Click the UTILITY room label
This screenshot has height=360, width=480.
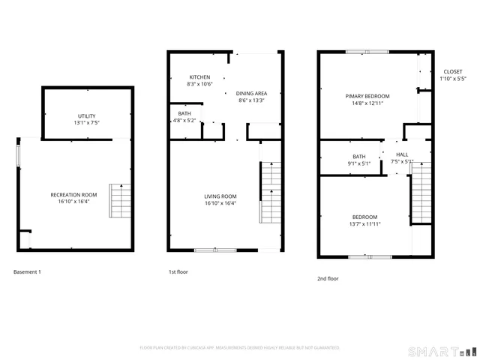click(87, 115)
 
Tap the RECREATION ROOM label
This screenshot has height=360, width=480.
click(74, 194)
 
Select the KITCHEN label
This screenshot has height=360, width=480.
click(199, 77)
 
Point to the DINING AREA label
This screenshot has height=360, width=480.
click(253, 93)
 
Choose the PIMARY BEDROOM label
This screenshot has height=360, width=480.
click(367, 96)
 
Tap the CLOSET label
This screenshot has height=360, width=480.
click(453, 71)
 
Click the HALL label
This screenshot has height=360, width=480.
click(392, 154)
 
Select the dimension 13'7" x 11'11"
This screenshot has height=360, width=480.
click(364, 223)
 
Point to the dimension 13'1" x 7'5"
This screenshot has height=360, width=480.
click(87, 122)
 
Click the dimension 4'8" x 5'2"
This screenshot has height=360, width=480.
click(184, 120)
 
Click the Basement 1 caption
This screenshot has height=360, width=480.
click(28, 271)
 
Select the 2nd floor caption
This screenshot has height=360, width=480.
click(328, 278)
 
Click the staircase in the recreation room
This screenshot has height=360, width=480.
click(120, 199)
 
